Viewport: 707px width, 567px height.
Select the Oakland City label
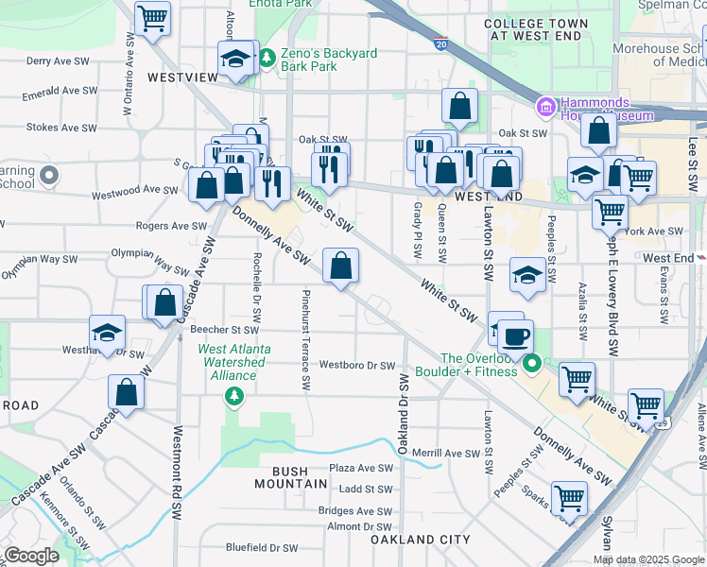click(420, 540)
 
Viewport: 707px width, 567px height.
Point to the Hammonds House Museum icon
click(545, 107)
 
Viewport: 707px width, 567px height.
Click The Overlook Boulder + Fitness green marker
click(532, 363)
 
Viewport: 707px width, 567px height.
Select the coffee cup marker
click(516, 335)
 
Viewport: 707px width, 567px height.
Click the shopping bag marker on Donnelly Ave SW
click(340, 266)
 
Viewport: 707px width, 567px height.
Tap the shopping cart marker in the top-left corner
click(152, 17)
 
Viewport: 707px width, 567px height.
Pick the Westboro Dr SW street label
click(356, 365)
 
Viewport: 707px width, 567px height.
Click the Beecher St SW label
click(224, 330)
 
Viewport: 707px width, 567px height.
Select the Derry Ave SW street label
click(59, 60)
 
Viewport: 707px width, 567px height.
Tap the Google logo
click(31, 556)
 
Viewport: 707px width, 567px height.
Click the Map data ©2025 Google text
click(647, 559)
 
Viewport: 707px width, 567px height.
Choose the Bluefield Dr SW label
click(262, 547)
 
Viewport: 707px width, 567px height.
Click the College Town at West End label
click(536, 28)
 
